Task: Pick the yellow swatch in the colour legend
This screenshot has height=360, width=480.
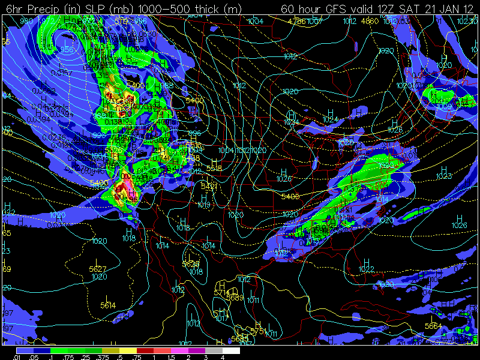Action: pos(128,350)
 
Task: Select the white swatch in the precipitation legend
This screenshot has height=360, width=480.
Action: pos(232,350)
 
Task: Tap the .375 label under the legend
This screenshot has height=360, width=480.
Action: pos(111,356)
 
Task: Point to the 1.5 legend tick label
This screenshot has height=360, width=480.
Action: pos(172,356)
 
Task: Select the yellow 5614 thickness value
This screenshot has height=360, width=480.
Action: pos(108,306)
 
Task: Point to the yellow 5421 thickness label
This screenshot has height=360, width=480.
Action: pos(209,187)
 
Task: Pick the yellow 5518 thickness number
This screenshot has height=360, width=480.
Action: pos(214,169)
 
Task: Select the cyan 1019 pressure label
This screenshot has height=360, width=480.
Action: pos(204,205)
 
